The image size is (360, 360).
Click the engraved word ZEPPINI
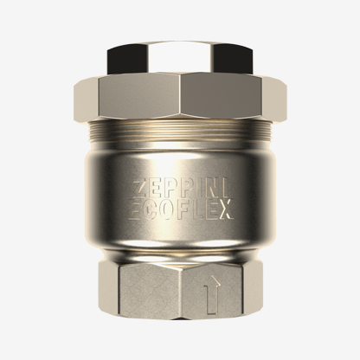click(181, 190)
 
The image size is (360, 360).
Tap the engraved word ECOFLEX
click(181, 209)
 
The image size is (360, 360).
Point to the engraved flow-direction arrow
click(212, 294)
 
